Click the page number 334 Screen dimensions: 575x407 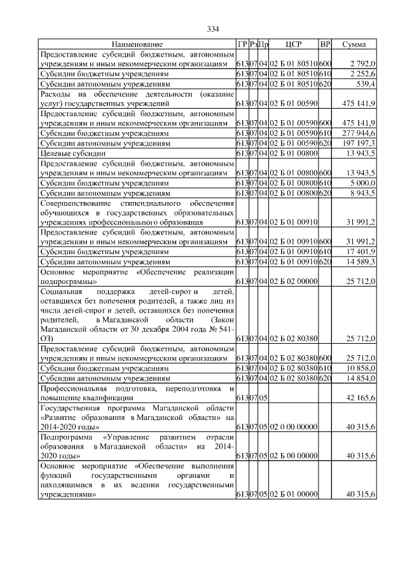tap(213, 29)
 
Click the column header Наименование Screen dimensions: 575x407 tap(137, 44)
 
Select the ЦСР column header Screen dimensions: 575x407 tap(294, 44)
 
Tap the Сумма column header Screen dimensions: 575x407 tap(354, 44)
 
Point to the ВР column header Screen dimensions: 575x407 tap(325, 44)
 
